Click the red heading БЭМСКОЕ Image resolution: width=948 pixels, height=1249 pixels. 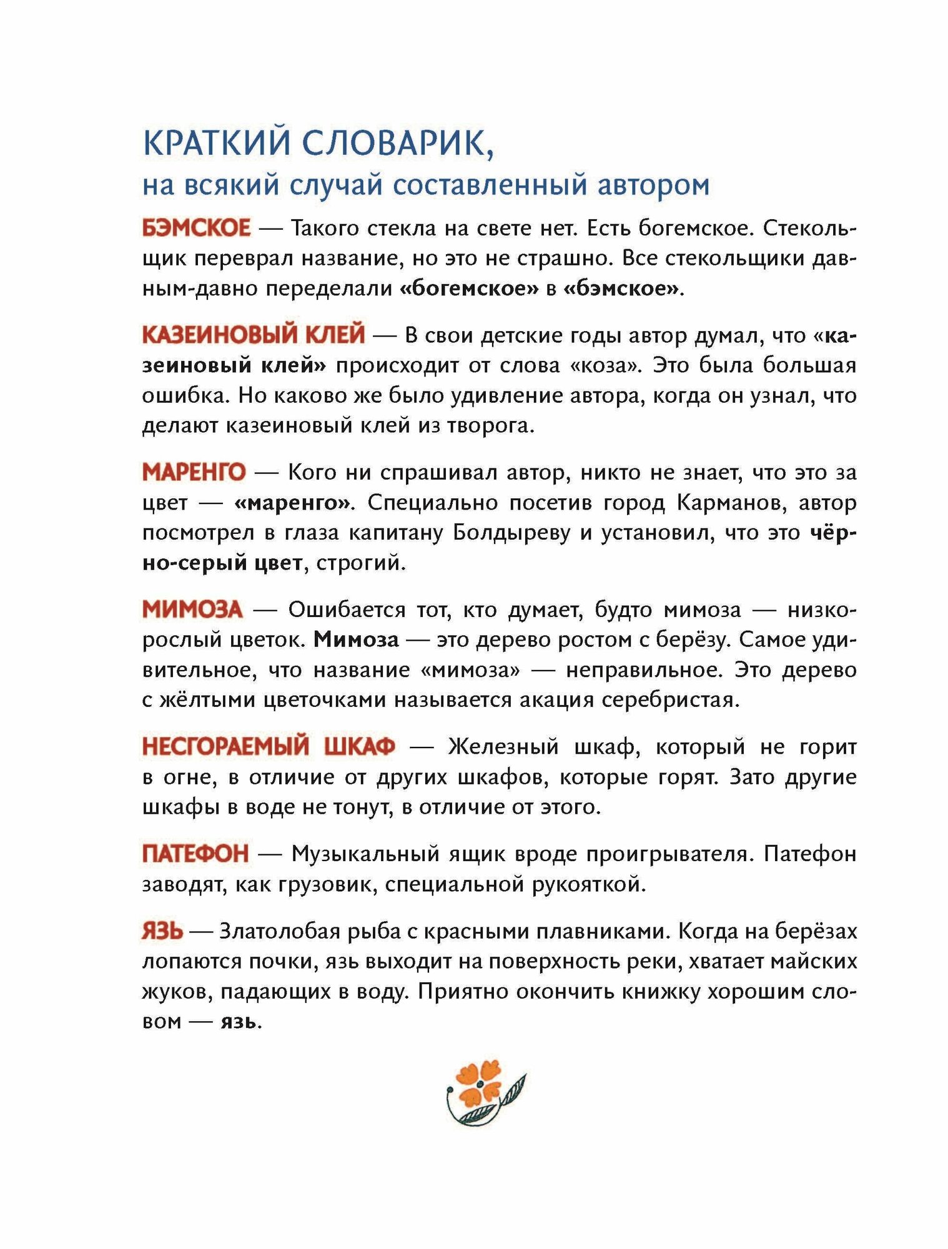pyautogui.click(x=196, y=229)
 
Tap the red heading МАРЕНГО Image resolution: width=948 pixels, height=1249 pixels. pyautogui.click(x=194, y=472)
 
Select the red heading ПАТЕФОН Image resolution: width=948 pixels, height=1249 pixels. pyautogui.click(x=195, y=853)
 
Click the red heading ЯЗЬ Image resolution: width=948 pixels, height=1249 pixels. pyautogui.click(x=162, y=931)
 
